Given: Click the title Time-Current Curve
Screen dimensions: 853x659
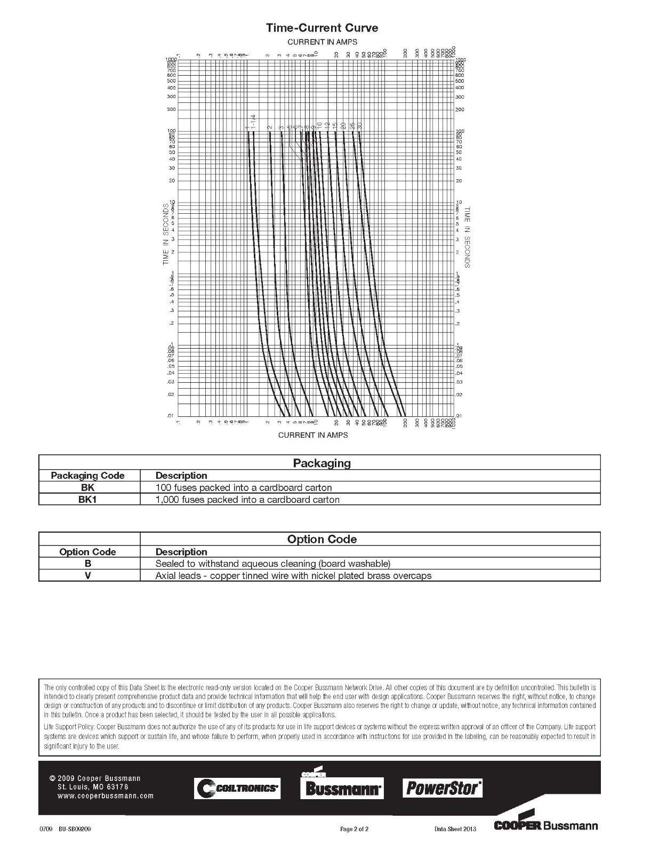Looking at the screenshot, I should (322, 28).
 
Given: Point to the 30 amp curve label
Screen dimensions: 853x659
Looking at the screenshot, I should (360, 125).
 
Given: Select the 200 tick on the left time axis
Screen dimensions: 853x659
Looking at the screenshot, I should (171, 109).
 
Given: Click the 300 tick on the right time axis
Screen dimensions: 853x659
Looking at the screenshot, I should (460, 97).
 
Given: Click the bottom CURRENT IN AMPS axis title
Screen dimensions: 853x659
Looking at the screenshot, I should (313, 435).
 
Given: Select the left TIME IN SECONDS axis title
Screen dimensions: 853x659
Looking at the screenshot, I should (166, 234).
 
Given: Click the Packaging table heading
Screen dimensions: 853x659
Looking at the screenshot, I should (322, 463).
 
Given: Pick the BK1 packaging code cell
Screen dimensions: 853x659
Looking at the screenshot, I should (88, 500).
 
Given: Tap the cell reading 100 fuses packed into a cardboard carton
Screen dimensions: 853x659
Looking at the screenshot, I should (244, 487).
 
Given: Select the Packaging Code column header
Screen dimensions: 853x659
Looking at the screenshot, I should (87, 476).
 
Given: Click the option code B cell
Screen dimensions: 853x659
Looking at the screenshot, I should (88, 564).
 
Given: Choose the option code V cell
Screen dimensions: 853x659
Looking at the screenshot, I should (88, 576).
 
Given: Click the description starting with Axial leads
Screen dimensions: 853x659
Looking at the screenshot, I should (293, 576).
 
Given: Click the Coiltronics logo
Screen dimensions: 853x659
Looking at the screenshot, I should (237, 788).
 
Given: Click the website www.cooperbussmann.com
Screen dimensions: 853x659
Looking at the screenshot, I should (106, 796).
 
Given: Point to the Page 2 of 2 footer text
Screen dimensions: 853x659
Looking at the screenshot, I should (355, 829).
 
